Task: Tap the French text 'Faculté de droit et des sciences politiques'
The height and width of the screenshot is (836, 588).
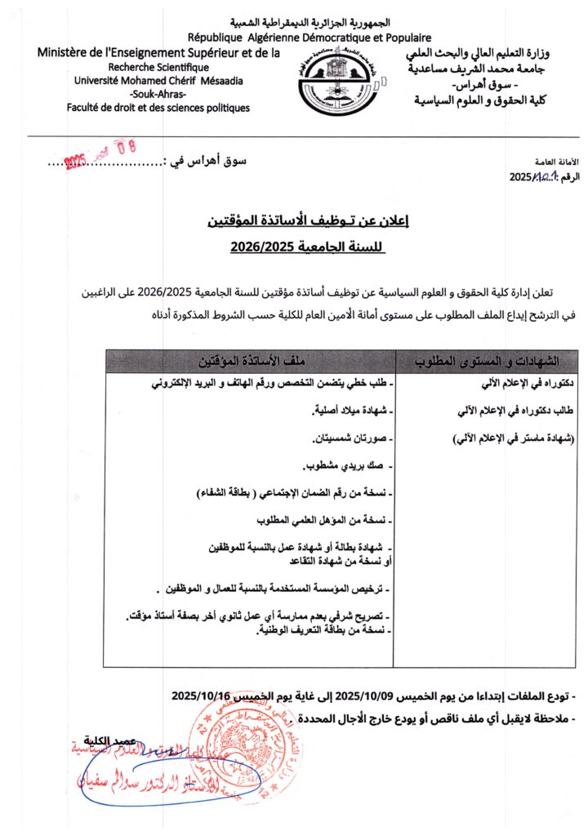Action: [158, 108]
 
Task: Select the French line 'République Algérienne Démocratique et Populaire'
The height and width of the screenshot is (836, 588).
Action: [310, 37]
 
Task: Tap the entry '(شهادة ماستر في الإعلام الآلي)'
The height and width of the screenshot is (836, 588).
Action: [513, 439]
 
